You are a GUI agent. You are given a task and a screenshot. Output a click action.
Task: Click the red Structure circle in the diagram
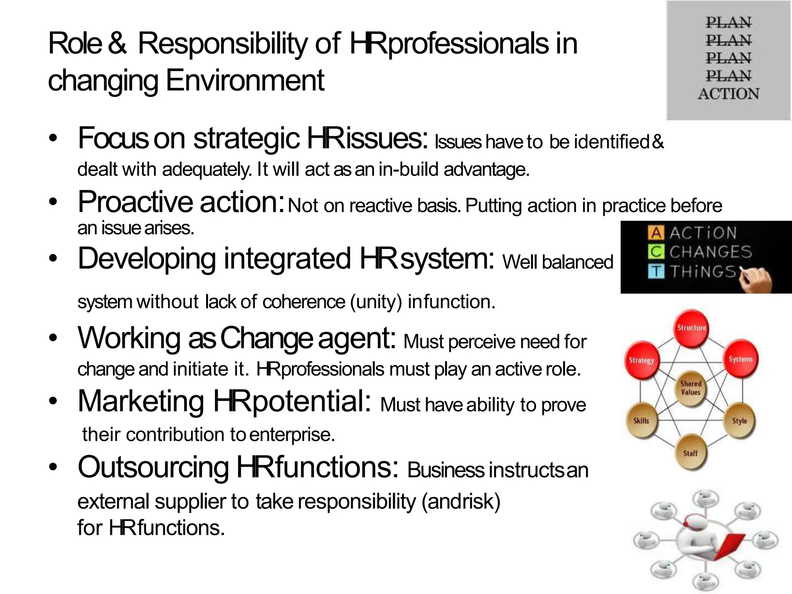click(691, 328)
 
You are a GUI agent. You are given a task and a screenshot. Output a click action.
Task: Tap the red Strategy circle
click(642, 360)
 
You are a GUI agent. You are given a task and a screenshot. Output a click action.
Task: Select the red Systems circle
click(741, 359)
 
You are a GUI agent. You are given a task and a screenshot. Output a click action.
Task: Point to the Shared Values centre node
click(691, 388)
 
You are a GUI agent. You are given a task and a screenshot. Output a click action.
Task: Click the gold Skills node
click(641, 421)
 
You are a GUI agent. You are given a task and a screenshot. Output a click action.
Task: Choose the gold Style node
click(739, 421)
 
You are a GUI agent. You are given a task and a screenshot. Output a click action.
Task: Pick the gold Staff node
click(690, 453)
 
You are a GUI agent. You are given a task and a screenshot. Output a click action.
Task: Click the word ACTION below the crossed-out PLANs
click(729, 94)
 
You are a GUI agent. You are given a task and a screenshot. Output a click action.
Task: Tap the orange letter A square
click(656, 232)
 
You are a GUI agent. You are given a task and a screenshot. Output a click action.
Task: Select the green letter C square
click(656, 252)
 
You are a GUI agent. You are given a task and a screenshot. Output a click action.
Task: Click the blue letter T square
click(656, 271)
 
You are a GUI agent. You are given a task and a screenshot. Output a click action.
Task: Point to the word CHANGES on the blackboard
click(710, 252)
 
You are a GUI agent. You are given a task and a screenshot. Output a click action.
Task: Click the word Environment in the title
click(245, 80)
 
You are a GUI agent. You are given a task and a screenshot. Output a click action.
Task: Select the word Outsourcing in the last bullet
click(153, 467)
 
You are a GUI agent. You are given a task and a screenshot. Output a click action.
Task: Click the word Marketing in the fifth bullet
click(141, 401)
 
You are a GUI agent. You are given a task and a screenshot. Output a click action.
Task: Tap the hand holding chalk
click(756, 279)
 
